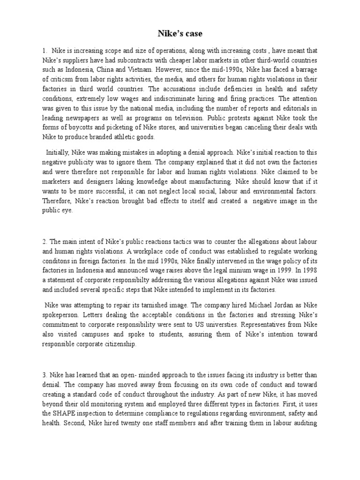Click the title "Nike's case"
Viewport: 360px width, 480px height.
click(x=180, y=34)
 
